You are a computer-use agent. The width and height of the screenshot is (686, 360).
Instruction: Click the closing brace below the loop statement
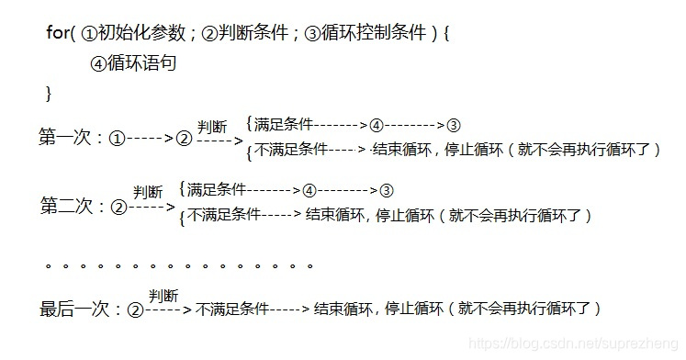point(49,93)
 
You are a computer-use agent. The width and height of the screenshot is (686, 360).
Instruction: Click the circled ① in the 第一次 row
point(117,140)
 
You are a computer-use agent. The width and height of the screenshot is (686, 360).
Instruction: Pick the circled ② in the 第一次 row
point(184,140)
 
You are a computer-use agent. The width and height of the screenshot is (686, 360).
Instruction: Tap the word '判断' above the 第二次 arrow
point(148,192)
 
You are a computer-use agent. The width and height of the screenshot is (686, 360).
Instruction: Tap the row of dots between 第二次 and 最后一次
point(179,265)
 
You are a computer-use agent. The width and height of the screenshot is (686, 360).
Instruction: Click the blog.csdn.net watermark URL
point(570,343)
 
